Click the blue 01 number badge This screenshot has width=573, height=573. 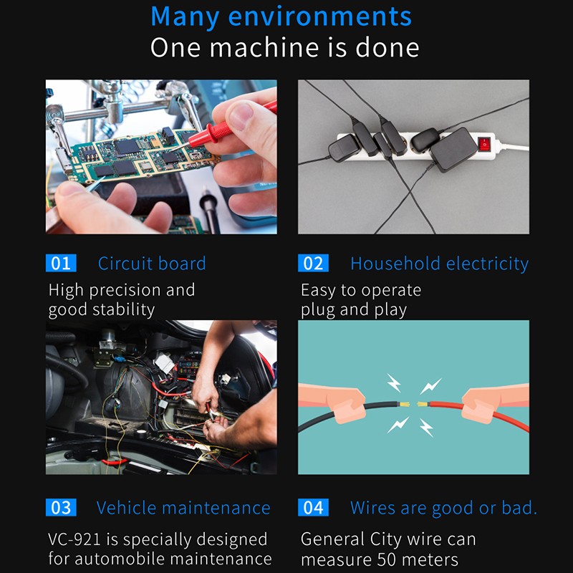pos(61,263)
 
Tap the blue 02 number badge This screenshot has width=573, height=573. pos(313,263)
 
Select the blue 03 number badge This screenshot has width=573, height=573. pos(61,508)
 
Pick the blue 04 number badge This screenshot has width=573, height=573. pos(313,508)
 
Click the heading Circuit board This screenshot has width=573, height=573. pos(152,264)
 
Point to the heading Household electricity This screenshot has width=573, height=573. pos(440,264)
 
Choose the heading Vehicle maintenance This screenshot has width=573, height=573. pos(183,508)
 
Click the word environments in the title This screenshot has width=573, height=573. pos(319,16)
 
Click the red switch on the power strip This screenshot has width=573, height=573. pos(484,144)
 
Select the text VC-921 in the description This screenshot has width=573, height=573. pos(74,539)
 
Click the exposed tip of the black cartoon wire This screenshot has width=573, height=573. pos(404,404)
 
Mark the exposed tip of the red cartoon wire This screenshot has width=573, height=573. pos(423,404)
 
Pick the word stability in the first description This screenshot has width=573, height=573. pos(123,310)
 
